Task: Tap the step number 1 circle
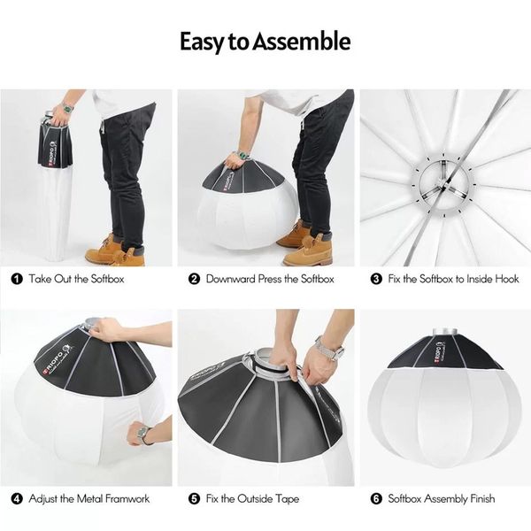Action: point(16,279)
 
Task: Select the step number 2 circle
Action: point(194,279)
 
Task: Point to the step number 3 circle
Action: point(375,279)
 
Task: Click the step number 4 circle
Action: point(16,499)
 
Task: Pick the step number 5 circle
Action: point(194,499)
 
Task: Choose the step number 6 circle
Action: point(375,499)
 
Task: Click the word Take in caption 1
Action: point(41,279)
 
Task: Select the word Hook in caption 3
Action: point(505,279)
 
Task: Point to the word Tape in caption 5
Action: point(287,499)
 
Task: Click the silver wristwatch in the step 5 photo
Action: point(328,351)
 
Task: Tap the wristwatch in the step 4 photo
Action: point(142,435)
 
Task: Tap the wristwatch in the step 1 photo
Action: point(67,107)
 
